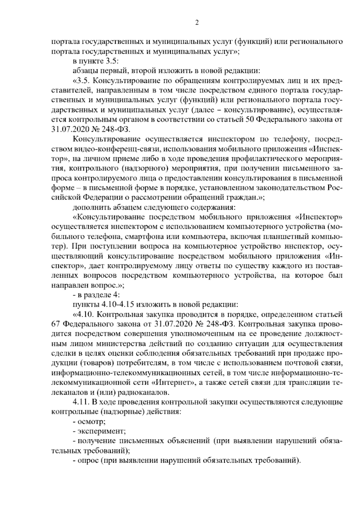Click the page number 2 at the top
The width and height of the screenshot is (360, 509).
pos(197,23)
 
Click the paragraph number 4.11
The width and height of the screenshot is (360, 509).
pos(79,402)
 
